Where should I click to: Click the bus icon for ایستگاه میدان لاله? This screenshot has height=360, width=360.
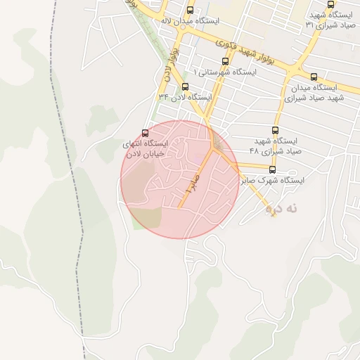(191, 10)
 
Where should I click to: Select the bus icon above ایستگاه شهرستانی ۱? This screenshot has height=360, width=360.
(225, 61)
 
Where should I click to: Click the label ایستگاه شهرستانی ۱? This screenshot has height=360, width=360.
(224, 72)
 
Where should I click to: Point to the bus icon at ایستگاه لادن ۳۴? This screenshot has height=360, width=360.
(185, 86)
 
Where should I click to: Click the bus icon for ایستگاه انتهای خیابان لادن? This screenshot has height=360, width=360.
(146, 133)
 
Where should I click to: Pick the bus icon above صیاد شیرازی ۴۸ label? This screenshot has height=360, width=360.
(275, 131)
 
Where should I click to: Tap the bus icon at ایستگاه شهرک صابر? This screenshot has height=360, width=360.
(272, 169)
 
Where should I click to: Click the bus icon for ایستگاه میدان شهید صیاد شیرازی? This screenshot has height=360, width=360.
(314, 77)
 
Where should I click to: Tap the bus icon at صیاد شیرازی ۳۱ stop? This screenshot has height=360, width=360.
(331, 4)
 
